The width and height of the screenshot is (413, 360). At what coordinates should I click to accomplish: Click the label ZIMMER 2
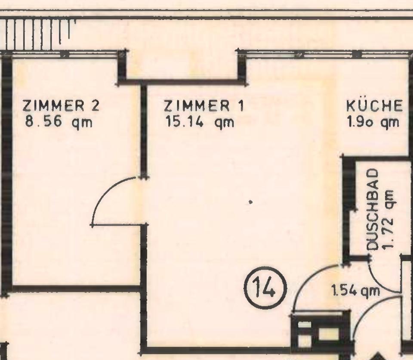tap(61, 106)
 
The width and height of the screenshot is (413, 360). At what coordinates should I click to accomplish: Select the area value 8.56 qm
tap(59, 123)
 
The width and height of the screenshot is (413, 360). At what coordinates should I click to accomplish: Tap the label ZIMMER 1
tap(204, 106)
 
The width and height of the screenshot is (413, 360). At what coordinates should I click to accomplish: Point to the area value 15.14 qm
tap(199, 123)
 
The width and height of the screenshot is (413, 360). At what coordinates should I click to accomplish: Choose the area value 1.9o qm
tap(373, 122)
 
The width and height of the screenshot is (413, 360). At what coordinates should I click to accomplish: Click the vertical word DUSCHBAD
tap(373, 210)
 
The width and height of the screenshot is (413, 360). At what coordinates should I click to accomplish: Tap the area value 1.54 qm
tap(356, 291)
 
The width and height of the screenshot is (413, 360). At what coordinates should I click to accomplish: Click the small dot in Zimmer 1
tap(250, 202)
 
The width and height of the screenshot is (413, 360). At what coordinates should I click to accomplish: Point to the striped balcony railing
tap(38, 34)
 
